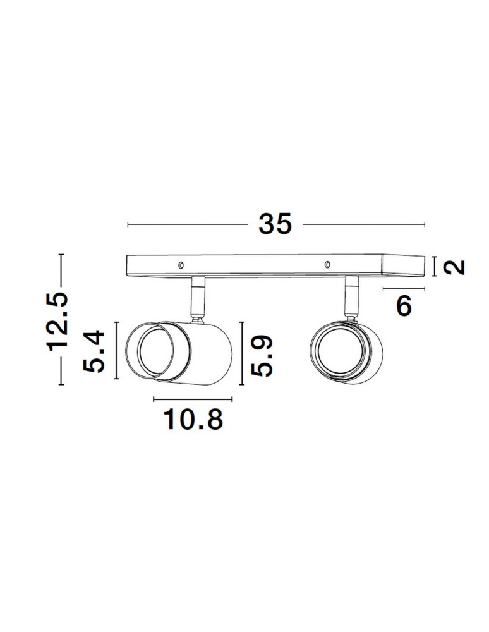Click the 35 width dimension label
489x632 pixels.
(275, 224)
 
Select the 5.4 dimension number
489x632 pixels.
(94, 351)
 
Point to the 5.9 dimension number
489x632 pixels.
(262, 356)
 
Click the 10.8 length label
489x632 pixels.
(193, 419)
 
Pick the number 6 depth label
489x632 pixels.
(404, 306)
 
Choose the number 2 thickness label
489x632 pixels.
(454, 267)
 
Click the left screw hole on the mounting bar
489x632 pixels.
(181, 265)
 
